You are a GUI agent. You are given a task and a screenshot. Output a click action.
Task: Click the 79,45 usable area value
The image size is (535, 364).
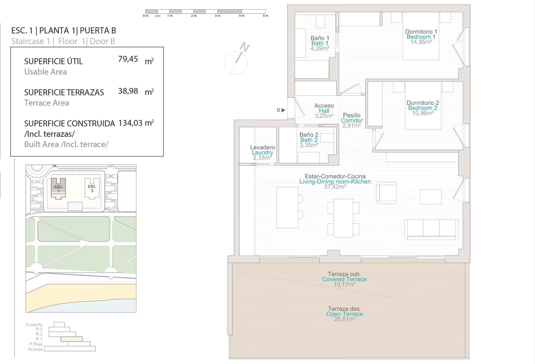[x=128, y=59]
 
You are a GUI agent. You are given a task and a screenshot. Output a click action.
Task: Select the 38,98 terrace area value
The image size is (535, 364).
[x=128, y=91]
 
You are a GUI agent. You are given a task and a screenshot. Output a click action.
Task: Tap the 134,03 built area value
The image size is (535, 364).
[x=130, y=123]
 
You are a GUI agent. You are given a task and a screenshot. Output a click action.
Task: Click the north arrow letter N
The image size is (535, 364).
[x=244, y=47]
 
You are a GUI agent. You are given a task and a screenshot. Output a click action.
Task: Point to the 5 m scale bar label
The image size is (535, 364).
[x=265, y=16]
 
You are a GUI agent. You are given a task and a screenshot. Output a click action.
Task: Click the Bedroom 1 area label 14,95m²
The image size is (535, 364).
[x=421, y=42]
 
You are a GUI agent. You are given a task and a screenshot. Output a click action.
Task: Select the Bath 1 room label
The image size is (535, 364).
[x=320, y=43]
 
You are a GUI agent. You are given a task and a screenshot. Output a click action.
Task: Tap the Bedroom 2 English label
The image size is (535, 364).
[x=423, y=108]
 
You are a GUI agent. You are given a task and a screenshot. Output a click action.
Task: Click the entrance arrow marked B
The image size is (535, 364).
[x=283, y=110]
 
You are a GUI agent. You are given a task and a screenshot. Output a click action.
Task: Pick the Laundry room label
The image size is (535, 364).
[x=262, y=152]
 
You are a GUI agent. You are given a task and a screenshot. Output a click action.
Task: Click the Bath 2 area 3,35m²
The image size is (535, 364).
[x=309, y=145]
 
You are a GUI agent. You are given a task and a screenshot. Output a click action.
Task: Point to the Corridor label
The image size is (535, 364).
[x=351, y=121]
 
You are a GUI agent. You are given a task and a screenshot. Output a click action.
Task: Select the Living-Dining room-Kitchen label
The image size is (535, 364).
[x=335, y=181]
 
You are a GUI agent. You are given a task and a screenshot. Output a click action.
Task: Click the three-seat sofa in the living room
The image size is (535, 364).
[x=431, y=229]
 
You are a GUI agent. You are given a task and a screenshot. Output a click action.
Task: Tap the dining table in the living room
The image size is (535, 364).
[x=343, y=218]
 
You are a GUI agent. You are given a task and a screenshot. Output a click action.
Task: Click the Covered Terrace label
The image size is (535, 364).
[x=344, y=279]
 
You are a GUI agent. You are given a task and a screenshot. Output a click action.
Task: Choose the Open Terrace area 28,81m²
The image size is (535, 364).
[x=344, y=319]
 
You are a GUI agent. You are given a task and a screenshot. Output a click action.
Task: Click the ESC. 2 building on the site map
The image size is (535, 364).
[x=92, y=189]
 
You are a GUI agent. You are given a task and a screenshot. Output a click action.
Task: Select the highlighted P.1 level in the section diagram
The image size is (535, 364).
[x=72, y=339]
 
